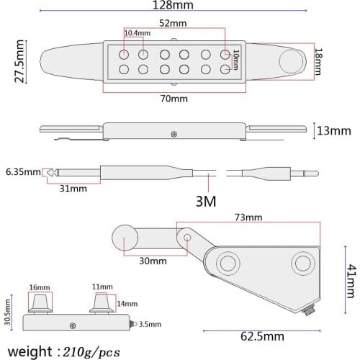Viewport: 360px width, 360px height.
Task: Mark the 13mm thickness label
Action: [x=334, y=131]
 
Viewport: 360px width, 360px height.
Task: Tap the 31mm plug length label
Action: [x=73, y=189]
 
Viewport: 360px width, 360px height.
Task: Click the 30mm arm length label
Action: [x=152, y=261]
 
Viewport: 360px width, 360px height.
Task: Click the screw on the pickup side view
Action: [x=173, y=134]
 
